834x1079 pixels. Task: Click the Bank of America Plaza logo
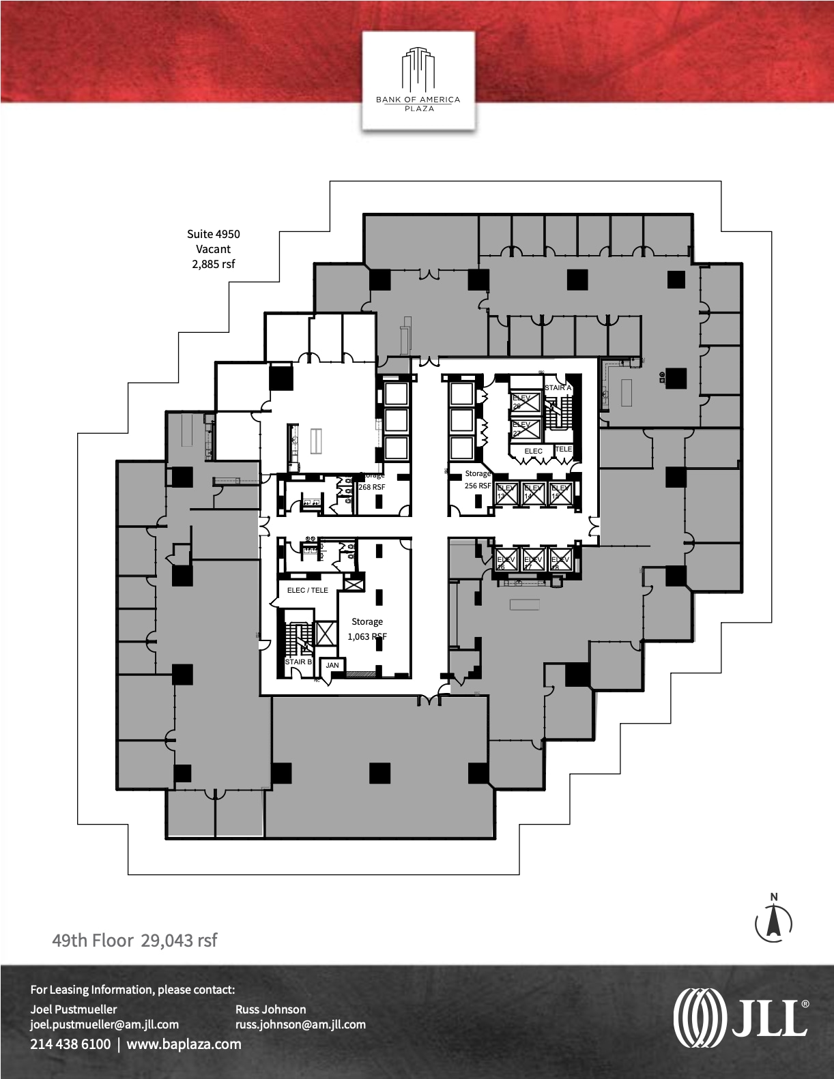(x=418, y=80)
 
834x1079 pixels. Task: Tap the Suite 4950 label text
(x=214, y=234)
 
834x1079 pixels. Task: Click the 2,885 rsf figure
(x=214, y=264)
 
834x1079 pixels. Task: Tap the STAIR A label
(x=558, y=387)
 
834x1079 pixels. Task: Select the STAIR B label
(x=298, y=662)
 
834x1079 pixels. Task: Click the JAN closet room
(x=332, y=665)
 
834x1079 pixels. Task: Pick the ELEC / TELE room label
(x=308, y=590)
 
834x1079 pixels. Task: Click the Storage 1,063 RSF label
(x=367, y=629)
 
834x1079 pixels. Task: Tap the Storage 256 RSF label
(x=478, y=479)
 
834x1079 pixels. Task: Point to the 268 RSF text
(x=372, y=487)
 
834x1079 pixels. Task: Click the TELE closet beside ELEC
(x=564, y=449)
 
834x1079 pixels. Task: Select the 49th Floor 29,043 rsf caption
(x=135, y=941)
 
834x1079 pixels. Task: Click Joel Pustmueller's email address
(x=104, y=1024)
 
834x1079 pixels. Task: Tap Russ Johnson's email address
(x=300, y=1024)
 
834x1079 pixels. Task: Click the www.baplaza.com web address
(x=184, y=1044)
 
